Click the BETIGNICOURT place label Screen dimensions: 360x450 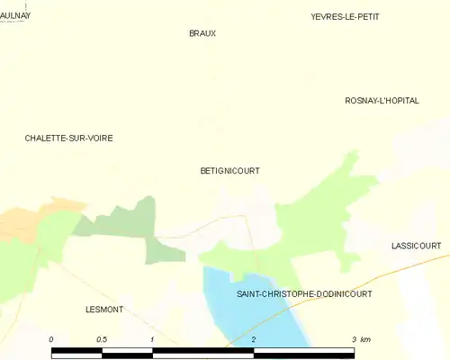(229, 169)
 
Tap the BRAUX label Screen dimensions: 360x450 (202, 33)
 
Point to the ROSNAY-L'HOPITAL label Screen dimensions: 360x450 (382, 101)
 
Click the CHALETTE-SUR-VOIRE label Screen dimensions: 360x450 (68, 138)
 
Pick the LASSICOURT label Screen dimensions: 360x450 (416, 245)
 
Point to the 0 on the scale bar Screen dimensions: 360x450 (51, 338)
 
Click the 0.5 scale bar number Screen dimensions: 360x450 (102, 338)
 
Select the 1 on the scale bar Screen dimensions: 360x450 (153, 338)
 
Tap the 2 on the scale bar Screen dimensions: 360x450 (254, 338)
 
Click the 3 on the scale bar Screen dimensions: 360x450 (355, 338)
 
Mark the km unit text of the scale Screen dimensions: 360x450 (366, 338)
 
